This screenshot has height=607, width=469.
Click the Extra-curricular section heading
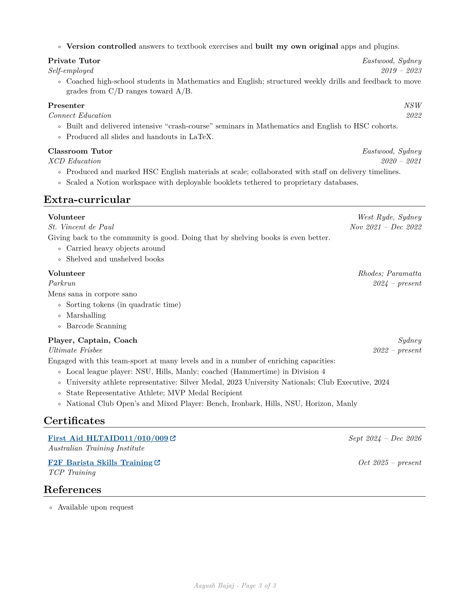pos(87,200)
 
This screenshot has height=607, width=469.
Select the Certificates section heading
pos(74,421)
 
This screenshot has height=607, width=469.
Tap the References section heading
pos(72,490)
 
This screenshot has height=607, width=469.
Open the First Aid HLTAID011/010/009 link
pos(108,439)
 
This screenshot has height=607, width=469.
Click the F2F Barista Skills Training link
pos(100,463)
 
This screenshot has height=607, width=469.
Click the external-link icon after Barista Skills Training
pos(157,463)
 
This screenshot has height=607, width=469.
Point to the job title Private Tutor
pos(74,61)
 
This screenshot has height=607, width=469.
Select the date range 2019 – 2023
pos(401,71)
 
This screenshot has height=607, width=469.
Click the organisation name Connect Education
pos(80,116)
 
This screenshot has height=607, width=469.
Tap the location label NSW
pos(413,106)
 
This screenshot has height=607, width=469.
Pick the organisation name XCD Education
pos(75,161)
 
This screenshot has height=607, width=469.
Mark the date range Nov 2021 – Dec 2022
pos(385,227)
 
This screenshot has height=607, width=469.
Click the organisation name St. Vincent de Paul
pos(81,227)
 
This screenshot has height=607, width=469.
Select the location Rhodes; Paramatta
pos(390,274)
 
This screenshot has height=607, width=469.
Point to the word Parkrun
pos(62,283)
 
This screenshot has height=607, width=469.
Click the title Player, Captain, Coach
pos(92,341)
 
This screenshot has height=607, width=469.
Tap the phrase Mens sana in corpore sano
pos(92,294)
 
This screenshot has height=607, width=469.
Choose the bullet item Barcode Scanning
pos(96,326)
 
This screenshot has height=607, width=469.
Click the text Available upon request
pos(96,507)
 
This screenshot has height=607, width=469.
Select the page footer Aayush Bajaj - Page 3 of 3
pos(235,586)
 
